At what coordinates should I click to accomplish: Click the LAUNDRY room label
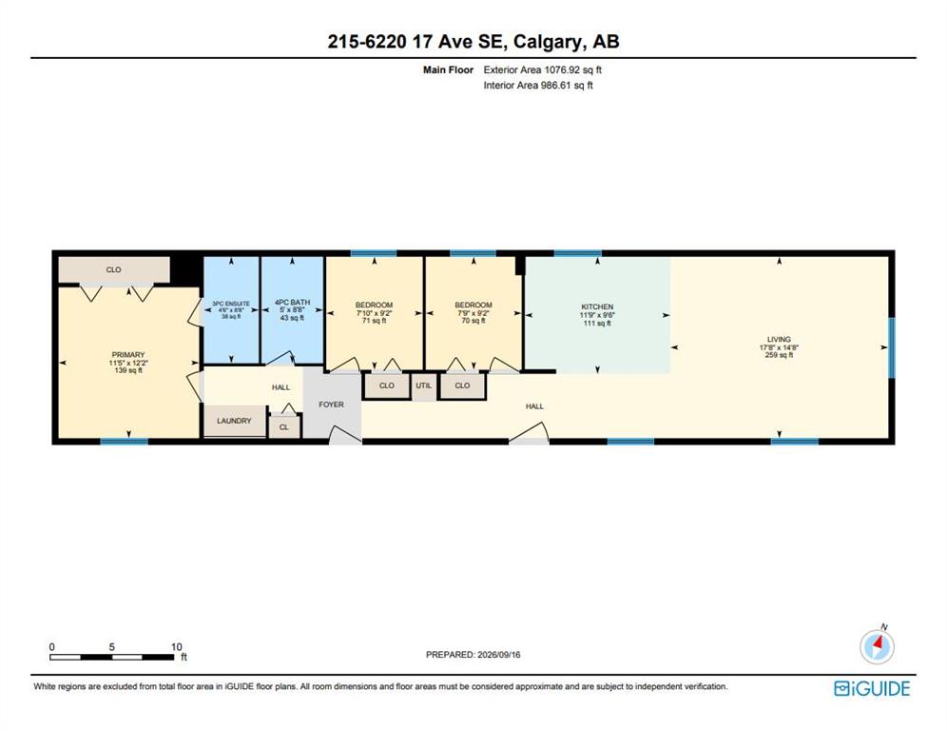click(234, 421)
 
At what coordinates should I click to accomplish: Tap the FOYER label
click(331, 405)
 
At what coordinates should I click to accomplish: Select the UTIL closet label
click(423, 385)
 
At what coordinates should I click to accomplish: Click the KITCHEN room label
click(597, 307)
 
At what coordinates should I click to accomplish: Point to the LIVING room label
click(779, 340)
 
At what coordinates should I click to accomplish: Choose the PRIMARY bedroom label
click(128, 355)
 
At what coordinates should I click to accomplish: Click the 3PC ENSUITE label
click(231, 304)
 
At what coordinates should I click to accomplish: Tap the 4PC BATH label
click(292, 303)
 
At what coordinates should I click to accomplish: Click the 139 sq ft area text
click(128, 370)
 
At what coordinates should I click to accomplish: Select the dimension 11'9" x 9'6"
click(597, 315)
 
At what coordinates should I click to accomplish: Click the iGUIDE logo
click(872, 689)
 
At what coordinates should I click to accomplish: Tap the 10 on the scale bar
click(176, 647)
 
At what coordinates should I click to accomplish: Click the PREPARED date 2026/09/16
click(499, 655)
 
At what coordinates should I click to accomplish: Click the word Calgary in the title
click(548, 42)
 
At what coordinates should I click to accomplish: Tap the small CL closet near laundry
click(284, 427)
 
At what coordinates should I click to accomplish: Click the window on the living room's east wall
click(892, 347)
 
